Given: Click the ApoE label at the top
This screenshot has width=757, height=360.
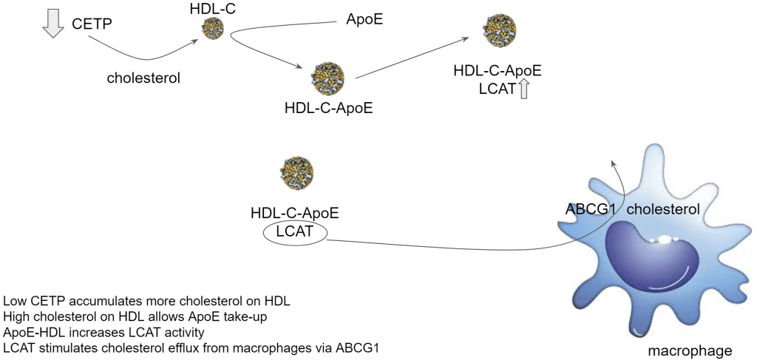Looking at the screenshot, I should [364, 19].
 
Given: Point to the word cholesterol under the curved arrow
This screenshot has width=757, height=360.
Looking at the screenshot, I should [143, 77].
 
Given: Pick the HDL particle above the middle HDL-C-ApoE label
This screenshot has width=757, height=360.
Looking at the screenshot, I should [326, 78].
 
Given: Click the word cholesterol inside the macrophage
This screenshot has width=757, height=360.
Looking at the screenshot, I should [663, 210].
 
